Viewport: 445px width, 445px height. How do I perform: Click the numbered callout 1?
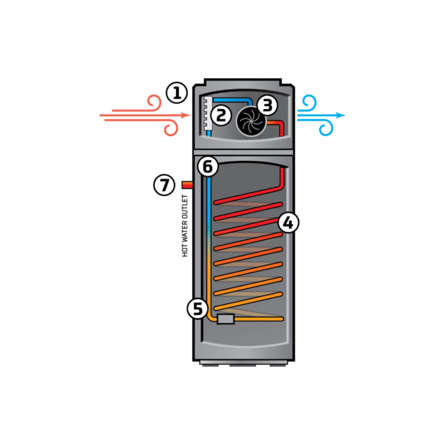coord(177,93)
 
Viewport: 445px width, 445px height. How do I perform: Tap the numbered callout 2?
coord(221,115)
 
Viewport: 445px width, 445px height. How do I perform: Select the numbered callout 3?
coord(267,105)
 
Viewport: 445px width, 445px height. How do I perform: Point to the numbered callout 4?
coord(288,222)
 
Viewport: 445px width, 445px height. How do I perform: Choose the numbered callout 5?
coord(198,309)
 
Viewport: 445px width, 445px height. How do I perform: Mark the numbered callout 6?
coord(208,167)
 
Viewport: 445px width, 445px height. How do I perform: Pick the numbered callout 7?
coord(164,185)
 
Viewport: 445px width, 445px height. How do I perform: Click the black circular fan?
coord(251,121)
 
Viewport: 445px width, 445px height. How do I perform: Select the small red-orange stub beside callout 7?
coord(187,185)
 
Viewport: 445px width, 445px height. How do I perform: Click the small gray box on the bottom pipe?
coord(226,319)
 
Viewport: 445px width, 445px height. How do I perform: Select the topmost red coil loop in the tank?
coord(249,197)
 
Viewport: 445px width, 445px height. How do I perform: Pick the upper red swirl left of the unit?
coord(154,102)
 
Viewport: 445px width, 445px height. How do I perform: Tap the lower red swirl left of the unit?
coord(171,129)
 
